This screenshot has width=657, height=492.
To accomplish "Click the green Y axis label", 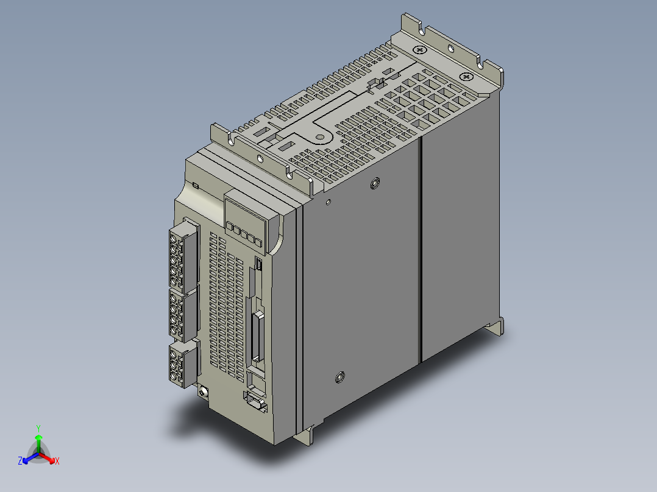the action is tap(38, 428).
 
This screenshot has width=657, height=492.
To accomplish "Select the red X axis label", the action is tap(57, 461).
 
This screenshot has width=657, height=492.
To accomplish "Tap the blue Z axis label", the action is tap(20, 461).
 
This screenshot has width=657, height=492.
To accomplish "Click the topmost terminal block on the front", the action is tap(184, 256).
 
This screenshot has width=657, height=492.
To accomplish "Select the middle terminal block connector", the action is tap(183, 315).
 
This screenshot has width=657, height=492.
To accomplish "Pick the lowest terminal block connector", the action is tap(183, 364).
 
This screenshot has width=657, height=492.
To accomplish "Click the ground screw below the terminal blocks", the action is tap(204, 392).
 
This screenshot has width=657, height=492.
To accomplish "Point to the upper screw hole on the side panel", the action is tap(375, 183).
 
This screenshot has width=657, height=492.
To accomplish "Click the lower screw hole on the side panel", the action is tap(340, 378).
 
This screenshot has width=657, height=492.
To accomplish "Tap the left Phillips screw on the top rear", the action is tap(420, 50).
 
